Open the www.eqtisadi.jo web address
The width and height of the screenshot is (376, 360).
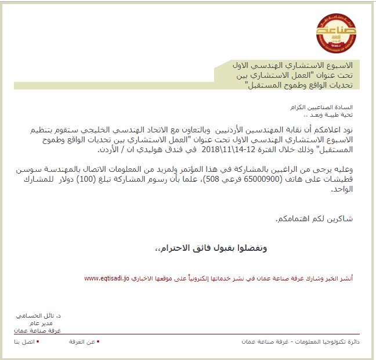pos(107,279)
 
